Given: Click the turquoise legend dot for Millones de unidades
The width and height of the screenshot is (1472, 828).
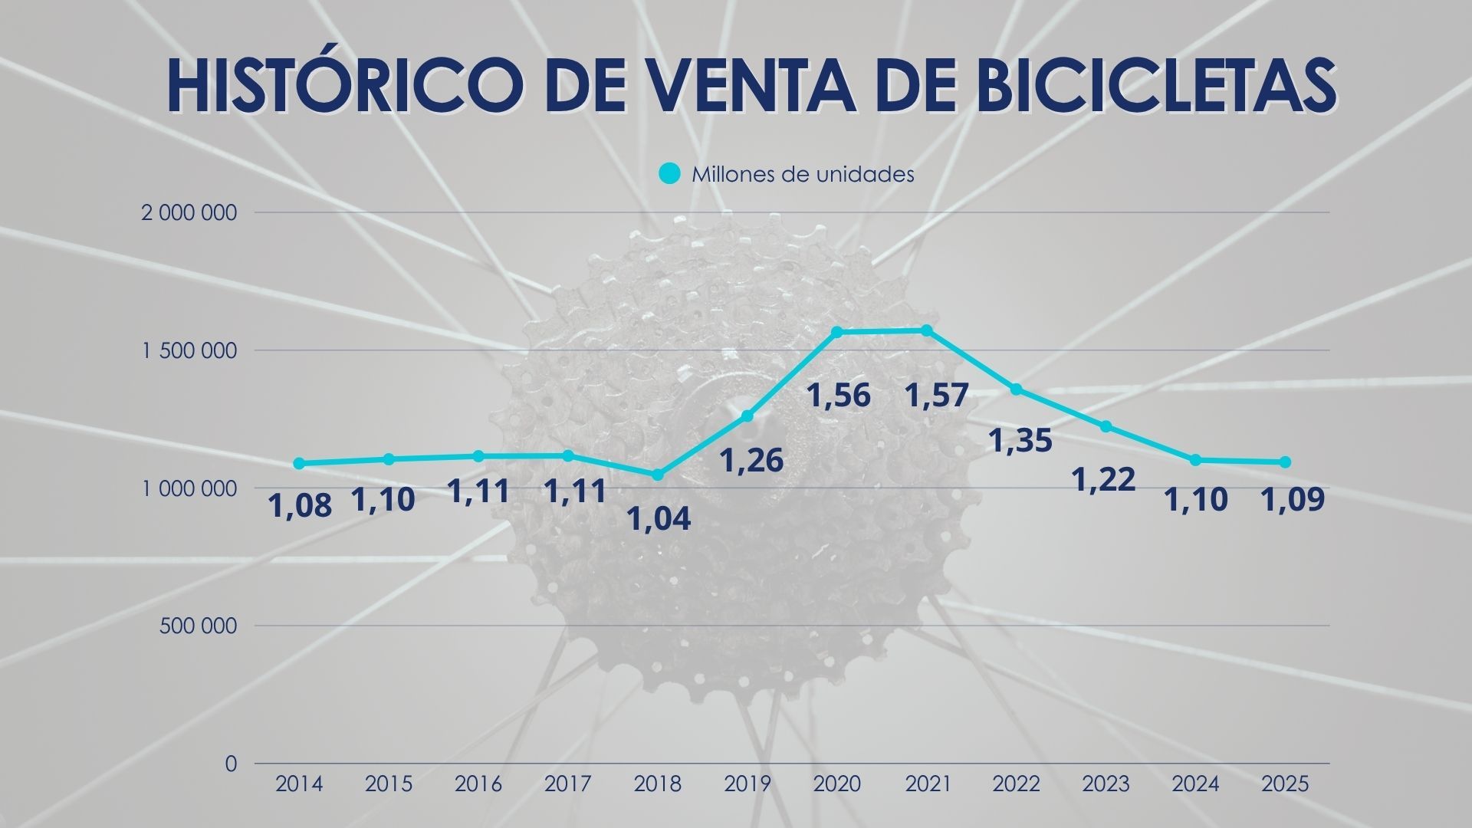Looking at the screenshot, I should pos(669,174).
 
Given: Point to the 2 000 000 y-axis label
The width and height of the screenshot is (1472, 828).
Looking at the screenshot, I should pos(189,213).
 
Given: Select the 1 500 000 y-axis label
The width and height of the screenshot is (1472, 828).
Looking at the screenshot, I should pos(189,351).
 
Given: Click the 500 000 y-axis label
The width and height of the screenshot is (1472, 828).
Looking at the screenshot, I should pos(199,626).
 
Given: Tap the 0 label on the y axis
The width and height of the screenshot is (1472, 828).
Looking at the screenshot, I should pos(231,764).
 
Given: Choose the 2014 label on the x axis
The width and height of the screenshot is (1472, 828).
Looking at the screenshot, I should pos(299,784).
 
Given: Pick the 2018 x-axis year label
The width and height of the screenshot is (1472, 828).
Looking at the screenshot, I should pos(658,784).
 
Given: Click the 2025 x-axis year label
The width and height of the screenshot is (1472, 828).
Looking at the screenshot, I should pos(1285,784).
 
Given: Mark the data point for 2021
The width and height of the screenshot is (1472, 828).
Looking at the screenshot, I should pos(926,330).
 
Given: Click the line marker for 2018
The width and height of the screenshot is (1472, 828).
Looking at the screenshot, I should pos(657,475).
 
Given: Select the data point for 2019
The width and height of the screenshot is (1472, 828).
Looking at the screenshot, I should pos(747,416).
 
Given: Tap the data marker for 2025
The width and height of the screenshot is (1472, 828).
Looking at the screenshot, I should pos(1285,462).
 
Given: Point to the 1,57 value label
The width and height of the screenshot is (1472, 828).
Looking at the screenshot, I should pos(936,396).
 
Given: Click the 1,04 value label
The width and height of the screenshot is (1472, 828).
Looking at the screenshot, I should pos(659,519).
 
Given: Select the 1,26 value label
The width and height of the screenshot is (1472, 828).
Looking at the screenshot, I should pos(751,461).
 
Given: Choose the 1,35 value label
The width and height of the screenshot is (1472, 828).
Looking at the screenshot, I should pos(1020,442).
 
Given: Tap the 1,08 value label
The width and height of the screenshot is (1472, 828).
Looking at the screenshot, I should pos(300,506).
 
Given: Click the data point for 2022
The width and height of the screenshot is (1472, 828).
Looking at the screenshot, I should pos(1016,389).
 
